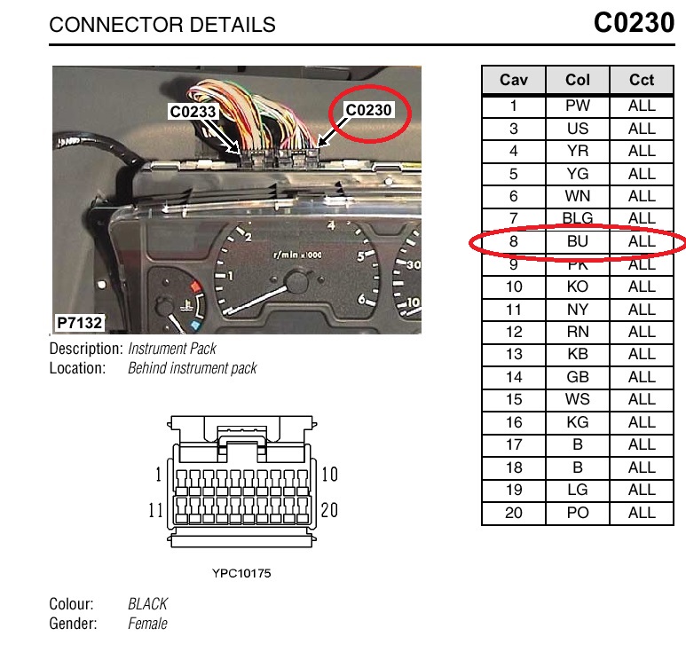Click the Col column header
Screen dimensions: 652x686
pyautogui.click(x=578, y=80)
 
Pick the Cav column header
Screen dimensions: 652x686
pyautogui.click(x=514, y=80)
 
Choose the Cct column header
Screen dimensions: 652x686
pyautogui.click(x=642, y=80)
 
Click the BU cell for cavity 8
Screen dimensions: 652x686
pyautogui.click(x=578, y=241)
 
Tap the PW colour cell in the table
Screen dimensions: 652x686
pyautogui.click(x=578, y=106)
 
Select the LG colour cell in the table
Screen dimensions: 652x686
pyautogui.click(x=578, y=490)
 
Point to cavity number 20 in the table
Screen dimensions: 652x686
pyautogui.click(x=514, y=513)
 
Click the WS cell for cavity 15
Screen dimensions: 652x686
pyautogui.click(x=578, y=399)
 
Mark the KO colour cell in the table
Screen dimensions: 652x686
pyautogui.click(x=578, y=287)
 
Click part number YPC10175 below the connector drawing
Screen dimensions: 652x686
pyautogui.click(x=242, y=573)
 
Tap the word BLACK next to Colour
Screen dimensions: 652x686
pyautogui.click(x=147, y=604)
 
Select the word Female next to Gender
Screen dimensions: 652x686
pyautogui.click(x=147, y=624)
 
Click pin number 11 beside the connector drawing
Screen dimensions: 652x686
pyautogui.click(x=155, y=511)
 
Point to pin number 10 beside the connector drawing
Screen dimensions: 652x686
pyautogui.click(x=329, y=475)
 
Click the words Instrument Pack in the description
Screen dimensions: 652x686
pyautogui.click(x=172, y=349)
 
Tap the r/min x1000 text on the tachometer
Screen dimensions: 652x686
pyautogui.click(x=298, y=255)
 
